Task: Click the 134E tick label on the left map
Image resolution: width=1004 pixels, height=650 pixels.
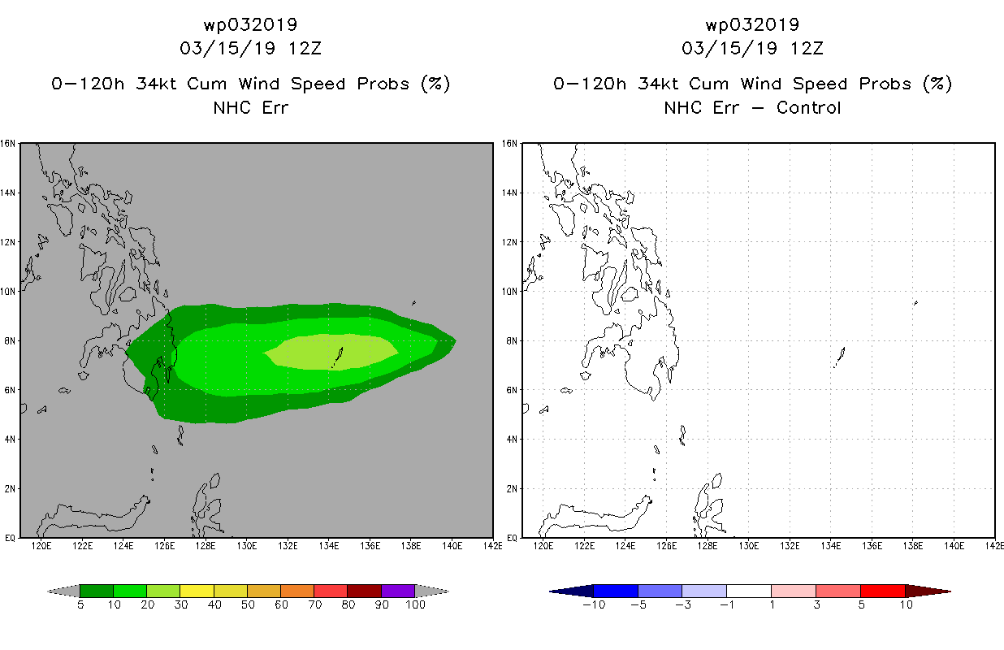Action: pos(329,546)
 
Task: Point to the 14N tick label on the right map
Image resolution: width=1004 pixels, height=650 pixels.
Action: pos(509,193)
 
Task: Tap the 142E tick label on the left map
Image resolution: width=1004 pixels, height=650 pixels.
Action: pos(493,546)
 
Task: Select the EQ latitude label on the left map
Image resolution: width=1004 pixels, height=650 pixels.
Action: pos(10,538)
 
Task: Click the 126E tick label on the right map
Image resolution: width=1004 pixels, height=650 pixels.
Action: pos(667,546)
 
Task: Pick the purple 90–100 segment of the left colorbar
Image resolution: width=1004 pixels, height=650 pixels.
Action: pos(398,591)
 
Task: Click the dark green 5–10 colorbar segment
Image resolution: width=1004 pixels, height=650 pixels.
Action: pos(97,591)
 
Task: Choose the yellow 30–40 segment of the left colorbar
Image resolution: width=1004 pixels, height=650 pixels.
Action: pos(197,591)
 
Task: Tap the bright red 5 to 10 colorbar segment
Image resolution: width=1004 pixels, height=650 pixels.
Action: pos(883,591)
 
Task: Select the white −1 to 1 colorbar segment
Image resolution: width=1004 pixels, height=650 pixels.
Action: pos(749,591)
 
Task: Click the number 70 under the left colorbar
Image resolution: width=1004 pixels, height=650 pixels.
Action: pos(314,604)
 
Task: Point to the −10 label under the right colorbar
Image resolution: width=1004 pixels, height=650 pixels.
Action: pos(594,604)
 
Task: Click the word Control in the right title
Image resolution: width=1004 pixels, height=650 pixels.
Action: pos(808,107)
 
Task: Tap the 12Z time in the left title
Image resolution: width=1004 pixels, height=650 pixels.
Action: pos(305,48)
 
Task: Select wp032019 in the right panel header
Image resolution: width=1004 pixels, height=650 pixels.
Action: pos(752,24)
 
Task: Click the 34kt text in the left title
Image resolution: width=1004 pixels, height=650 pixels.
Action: pos(157,84)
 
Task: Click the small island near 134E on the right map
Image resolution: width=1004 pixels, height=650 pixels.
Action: pos(840,357)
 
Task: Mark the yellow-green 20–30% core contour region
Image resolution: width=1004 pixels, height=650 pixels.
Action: pos(331,352)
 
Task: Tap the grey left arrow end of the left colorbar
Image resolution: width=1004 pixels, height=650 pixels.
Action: pos(63,591)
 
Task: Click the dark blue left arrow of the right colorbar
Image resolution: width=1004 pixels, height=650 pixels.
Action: pos(571,591)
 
